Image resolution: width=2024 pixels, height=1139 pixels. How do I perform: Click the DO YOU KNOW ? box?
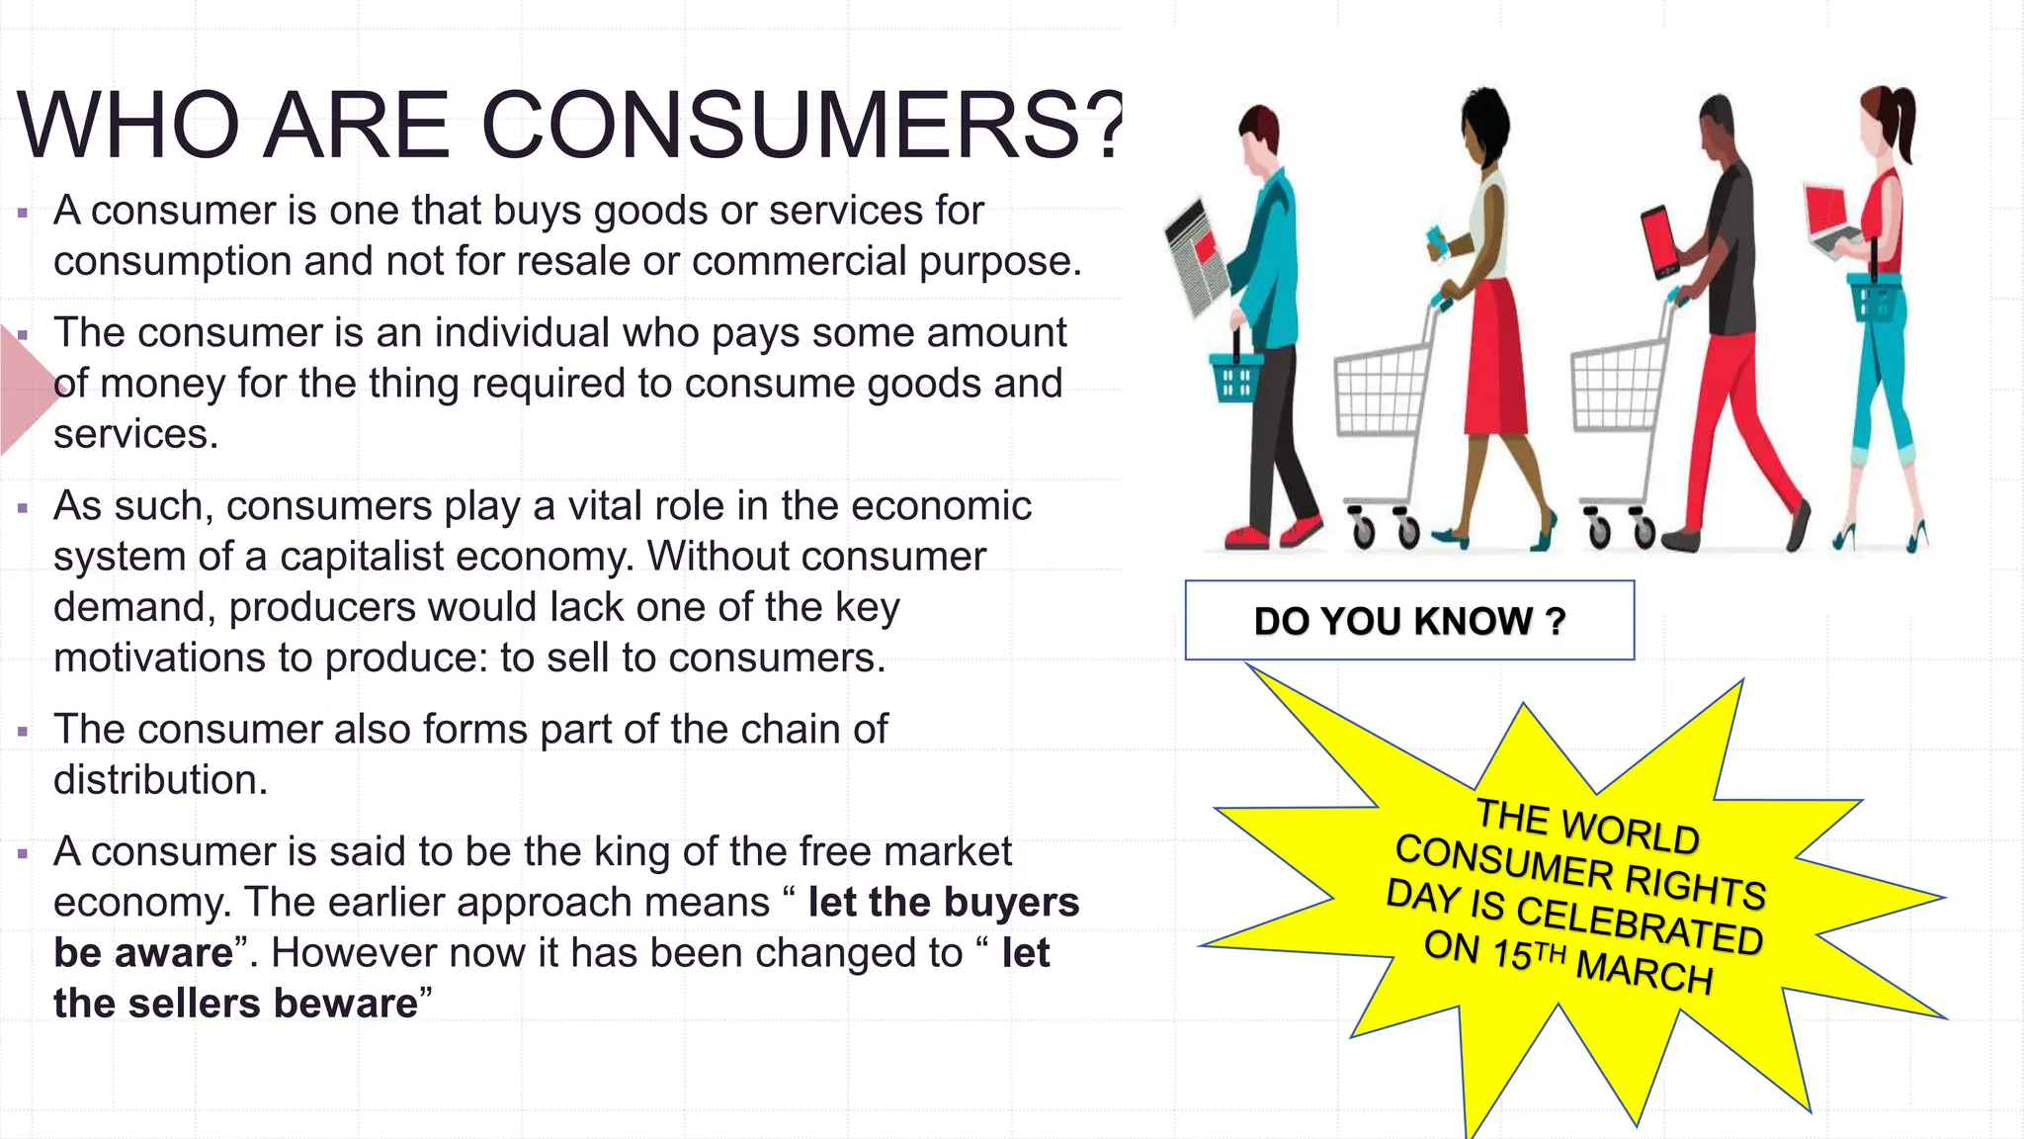[x=1409, y=621]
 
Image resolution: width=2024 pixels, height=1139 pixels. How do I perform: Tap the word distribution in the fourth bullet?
[x=159, y=780]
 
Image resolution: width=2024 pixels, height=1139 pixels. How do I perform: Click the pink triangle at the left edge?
[x=25, y=391]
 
